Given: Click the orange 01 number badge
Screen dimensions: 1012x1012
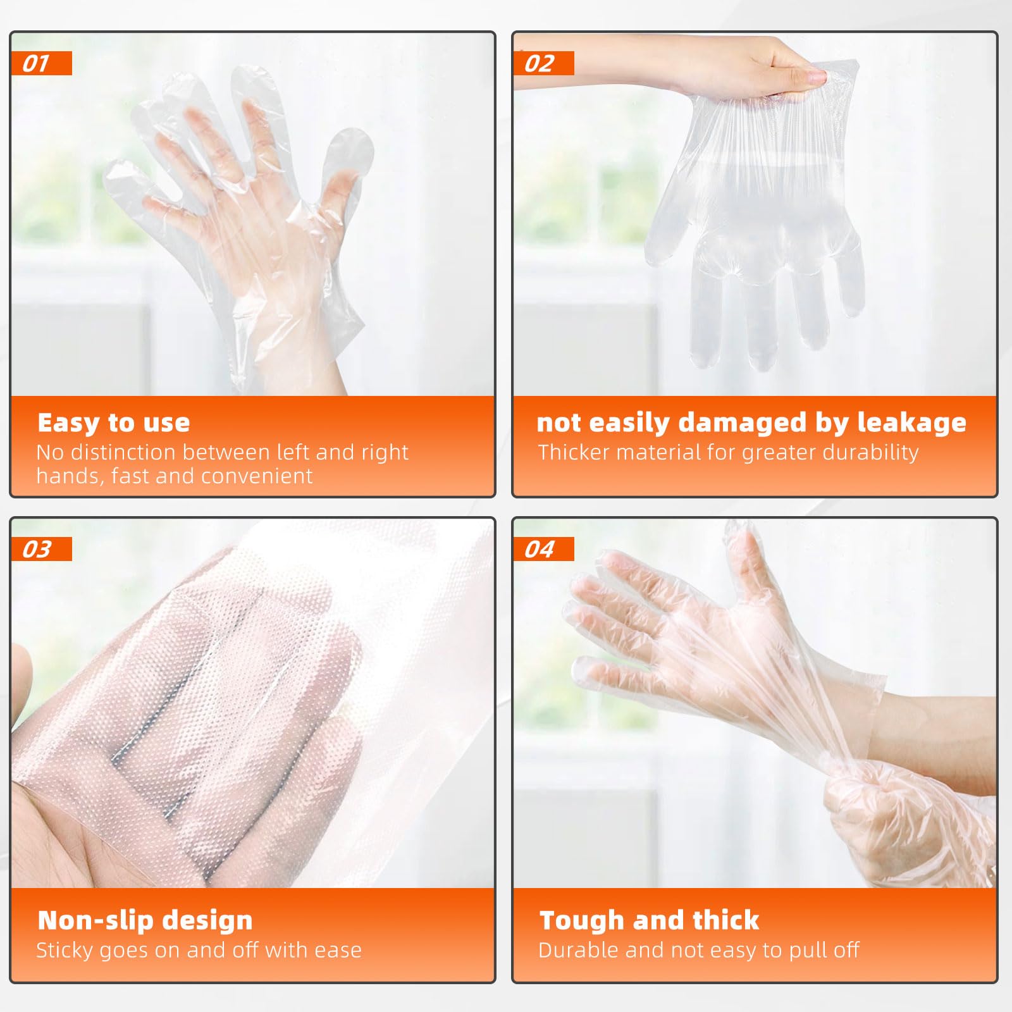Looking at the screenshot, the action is [41, 63].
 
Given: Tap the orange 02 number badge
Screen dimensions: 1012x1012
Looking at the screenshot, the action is [543, 63].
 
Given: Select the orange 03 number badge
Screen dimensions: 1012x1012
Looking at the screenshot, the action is [41, 549].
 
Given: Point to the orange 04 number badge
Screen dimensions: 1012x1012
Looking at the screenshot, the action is [543, 549].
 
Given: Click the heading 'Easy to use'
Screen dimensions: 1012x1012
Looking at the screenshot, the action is [114, 423].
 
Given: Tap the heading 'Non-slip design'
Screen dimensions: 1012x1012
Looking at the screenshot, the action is [145, 920].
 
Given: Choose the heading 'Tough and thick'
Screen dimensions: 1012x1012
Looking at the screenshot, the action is [649, 920].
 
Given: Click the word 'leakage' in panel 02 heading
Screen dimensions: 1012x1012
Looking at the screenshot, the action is [911, 423].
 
